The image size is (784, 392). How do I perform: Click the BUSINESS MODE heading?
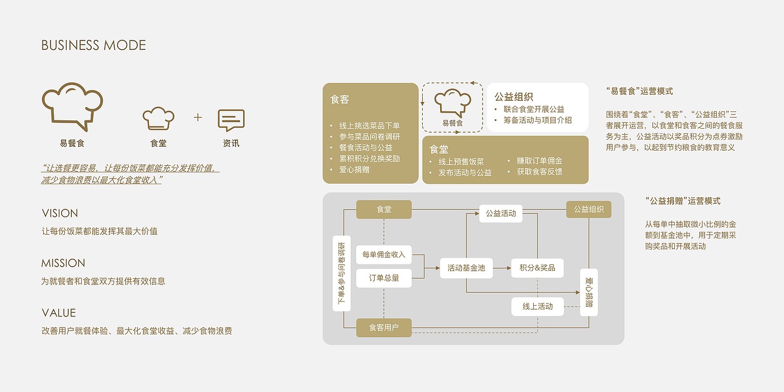94,45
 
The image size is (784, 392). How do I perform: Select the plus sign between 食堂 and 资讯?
198,117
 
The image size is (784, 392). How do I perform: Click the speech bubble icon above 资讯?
231,120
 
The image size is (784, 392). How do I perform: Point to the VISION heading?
60,213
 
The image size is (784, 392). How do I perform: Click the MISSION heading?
63,263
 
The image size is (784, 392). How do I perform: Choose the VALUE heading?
59,313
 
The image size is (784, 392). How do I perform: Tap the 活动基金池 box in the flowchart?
466,268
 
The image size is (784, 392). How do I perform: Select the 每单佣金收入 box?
384,255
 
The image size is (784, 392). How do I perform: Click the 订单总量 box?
384,278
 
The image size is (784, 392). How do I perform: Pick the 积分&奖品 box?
537,268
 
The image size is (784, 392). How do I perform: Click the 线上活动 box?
537,306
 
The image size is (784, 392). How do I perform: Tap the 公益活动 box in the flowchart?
501,213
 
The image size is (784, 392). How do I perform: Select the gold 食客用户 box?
384,328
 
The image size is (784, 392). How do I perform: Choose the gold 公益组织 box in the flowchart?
589,209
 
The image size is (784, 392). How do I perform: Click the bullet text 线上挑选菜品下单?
369,125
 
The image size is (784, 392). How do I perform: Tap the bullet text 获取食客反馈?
539,172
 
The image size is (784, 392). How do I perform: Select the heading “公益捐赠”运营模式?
683,201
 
